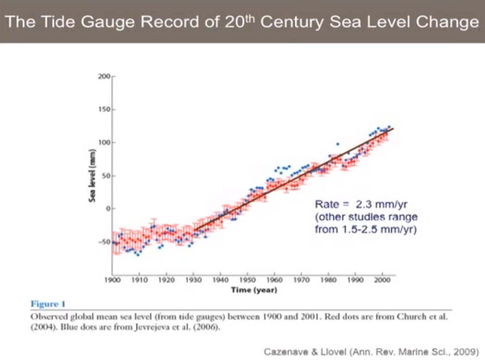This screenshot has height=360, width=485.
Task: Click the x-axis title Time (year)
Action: (254, 290)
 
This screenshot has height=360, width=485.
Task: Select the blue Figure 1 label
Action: (48, 304)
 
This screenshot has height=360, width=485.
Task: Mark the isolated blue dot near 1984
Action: (338, 144)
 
